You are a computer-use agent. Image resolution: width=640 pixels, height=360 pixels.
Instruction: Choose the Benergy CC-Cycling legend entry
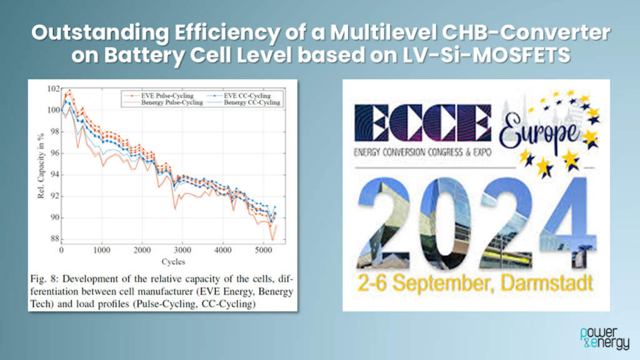[x=251, y=101]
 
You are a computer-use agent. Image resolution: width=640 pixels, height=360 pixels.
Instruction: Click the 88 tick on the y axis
[x=54, y=239]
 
